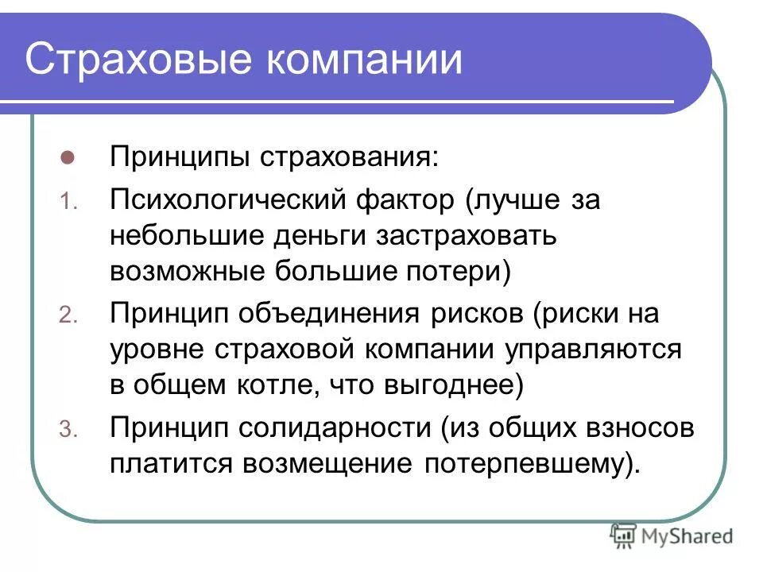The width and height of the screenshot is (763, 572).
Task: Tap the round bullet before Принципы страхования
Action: [x=68, y=157]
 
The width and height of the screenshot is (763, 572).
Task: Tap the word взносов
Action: [x=647, y=428]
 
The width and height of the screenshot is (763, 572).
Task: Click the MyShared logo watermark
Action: [x=672, y=535]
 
